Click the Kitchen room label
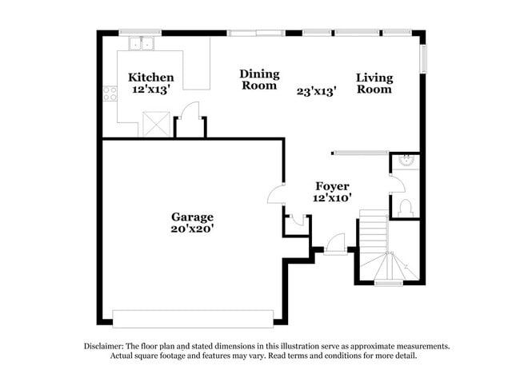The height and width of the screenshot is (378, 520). [150, 78]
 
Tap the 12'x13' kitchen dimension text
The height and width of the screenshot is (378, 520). [150, 90]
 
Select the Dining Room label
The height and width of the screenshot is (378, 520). [258, 79]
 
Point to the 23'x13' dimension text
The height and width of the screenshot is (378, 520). [316, 91]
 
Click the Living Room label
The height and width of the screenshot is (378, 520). [374, 83]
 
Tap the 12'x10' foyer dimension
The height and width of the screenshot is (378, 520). [332, 197]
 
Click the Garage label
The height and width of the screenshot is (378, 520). [192, 217]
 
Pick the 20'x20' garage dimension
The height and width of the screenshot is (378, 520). [192, 229]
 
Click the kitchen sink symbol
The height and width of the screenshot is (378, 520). [141, 42]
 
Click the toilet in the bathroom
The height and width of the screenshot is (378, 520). [405, 208]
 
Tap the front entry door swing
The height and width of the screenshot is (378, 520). [334, 243]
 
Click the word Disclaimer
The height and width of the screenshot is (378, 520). [106, 346]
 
